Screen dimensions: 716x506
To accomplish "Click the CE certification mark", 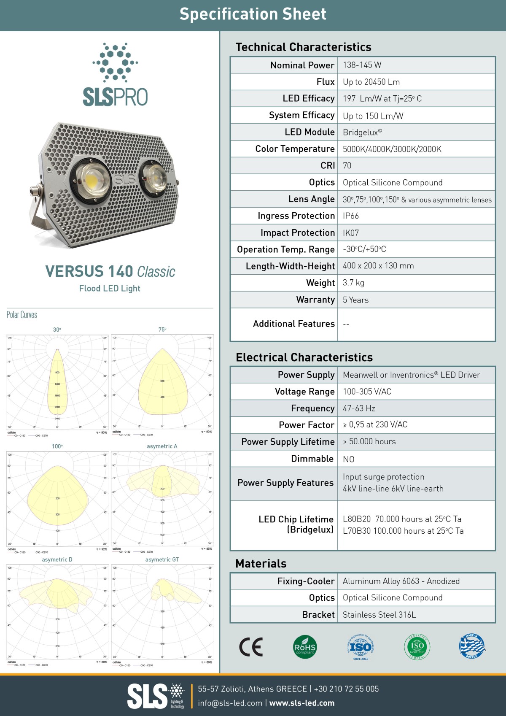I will (251, 647).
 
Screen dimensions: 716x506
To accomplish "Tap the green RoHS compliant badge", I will (304, 647).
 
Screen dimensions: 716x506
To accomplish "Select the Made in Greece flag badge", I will (472, 646).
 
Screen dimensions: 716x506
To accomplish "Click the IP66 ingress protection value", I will (351, 216).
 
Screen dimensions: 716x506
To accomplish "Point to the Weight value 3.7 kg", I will (353, 283).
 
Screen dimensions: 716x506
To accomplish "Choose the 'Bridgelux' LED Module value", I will (362, 132).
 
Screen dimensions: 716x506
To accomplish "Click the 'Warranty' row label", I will (315, 300).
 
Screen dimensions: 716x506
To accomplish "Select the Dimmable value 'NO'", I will (349, 459).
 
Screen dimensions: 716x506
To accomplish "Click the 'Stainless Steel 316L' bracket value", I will (379, 615).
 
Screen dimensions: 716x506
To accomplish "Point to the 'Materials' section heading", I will (261, 564).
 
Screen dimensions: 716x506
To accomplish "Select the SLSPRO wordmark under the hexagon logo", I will (115, 97).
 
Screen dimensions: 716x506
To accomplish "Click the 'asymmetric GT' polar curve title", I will (162, 559).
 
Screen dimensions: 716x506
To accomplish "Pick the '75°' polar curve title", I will (162, 330).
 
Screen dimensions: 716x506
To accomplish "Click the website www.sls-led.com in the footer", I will (302, 703).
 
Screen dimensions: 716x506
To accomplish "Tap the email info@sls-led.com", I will (230, 703).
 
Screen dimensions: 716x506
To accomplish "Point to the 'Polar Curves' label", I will (22, 315).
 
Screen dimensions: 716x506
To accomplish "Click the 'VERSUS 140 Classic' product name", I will (110, 271).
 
